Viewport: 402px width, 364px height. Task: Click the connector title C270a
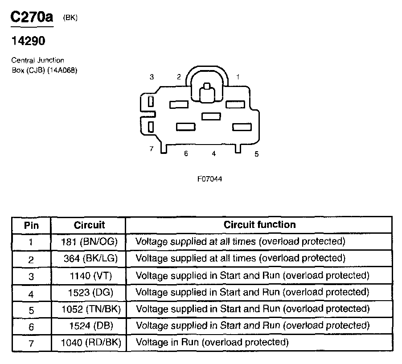pyautogui.click(x=32, y=17)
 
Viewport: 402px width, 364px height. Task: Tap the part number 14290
pyautogui.click(x=28, y=41)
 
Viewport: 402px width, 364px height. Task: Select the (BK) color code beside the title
pyautogui.click(x=70, y=17)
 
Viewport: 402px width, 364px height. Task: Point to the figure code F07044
pyautogui.click(x=209, y=179)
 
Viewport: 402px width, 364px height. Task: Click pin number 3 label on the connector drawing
pyautogui.click(x=152, y=77)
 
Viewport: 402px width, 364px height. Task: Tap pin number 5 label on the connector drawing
pyautogui.click(x=256, y=154)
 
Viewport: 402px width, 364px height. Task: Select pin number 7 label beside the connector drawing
pyautogui.click(x=152, y=149)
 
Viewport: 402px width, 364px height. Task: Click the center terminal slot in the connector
pyautogui.click(x=211, y=116)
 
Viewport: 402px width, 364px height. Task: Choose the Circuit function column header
pyautogui.click(x=259, y=225)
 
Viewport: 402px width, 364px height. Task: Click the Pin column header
pyautogui.click(x=31, y=225)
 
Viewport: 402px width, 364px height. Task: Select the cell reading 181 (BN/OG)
pyautogui.click(x=89, y=242)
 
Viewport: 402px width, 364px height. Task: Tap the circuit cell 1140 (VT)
pyautogui.click(x=91, y=276)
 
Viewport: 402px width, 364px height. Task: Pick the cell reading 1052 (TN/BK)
pyautogui.click(x=91, y=309)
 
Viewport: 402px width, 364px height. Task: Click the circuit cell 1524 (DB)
pyautogui.click(x=91, y=326)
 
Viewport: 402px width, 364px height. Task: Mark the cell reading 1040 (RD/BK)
pyautogui.click(x=91, y=343)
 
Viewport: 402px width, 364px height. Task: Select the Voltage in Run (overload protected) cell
pyautogui.click(x=212, y=342)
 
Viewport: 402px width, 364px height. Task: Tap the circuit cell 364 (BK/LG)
pyautogui.click(x=90, y=258)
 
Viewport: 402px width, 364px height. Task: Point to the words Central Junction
pyautogui.click(x=38, y=60)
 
